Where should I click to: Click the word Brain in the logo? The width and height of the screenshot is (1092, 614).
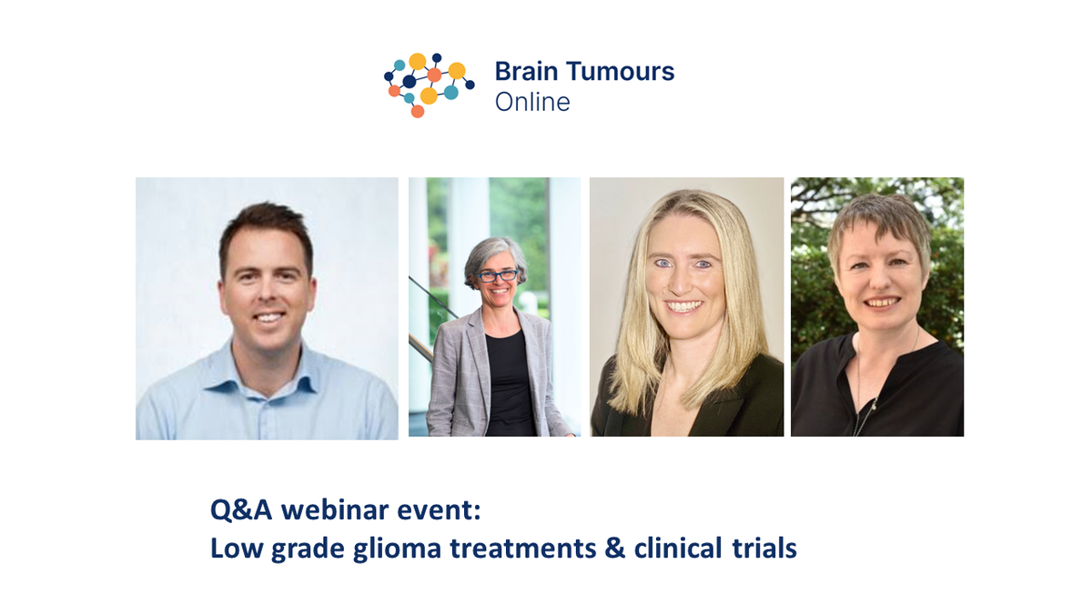(x=521, y=73)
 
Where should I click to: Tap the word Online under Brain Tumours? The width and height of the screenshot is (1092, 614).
(x=532, y=102)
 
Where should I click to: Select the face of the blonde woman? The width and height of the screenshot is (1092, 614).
(x=685, y=273)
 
